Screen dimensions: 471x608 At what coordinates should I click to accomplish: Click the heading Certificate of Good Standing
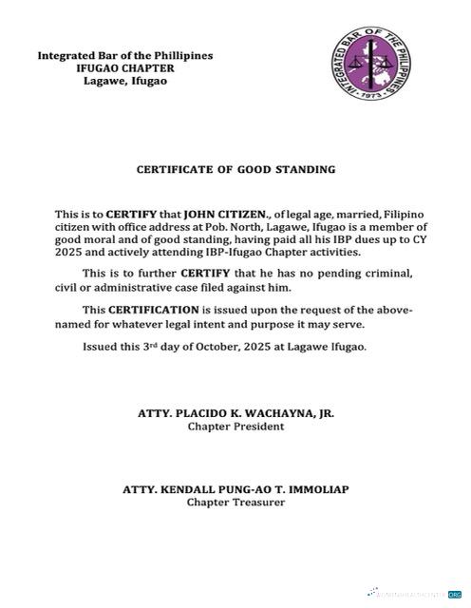(x=235, y=170)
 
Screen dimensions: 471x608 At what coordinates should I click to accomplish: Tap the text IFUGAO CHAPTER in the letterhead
(x=125, y=68)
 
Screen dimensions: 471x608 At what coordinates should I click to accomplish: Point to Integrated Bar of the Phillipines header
(x=124, y=56)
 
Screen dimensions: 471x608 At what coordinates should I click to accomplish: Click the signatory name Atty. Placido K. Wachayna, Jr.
(x=235, y=414)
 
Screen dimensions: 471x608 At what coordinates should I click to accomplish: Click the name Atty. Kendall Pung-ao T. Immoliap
(x=235, y=489)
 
